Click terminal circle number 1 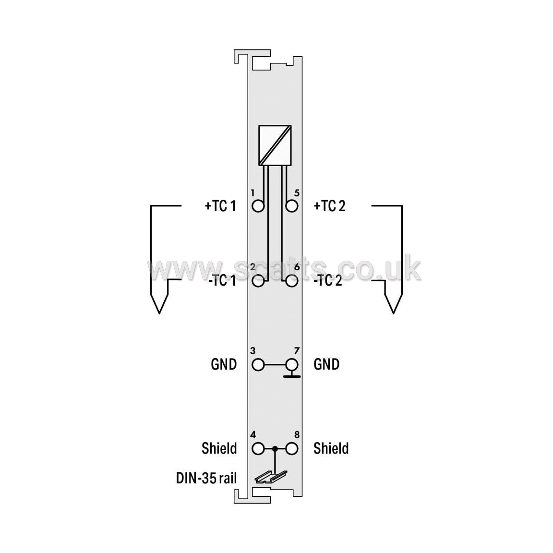pos(258,206)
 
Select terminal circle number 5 pos(292,206)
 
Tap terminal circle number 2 pos(258,281)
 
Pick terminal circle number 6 pos(292,281)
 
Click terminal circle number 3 pos(258,365)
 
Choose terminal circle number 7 pos(292,365)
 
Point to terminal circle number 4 pos(258,449)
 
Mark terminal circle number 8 pos(292,449)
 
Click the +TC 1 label pos(220,206)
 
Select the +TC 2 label pos(329,206)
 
